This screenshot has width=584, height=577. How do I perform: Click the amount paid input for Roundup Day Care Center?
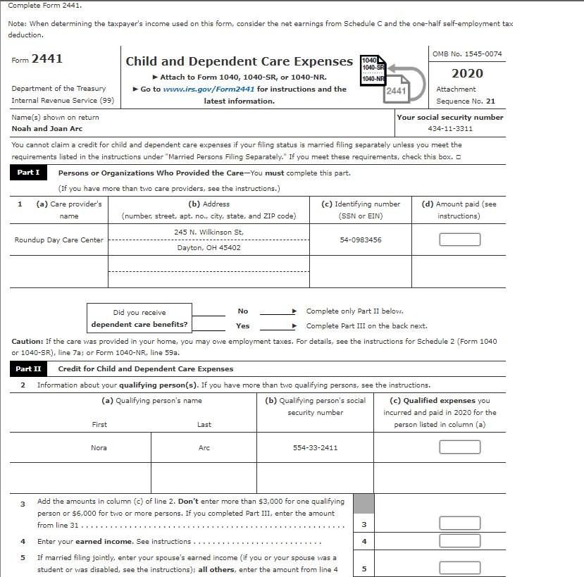click(459, 240)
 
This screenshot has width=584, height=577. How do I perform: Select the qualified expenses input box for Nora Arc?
click(459, 447)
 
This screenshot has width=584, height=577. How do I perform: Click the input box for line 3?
click(459, 523)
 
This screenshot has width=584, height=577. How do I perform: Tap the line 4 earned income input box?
click(459, 541)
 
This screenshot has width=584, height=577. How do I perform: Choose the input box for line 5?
click(459, 569)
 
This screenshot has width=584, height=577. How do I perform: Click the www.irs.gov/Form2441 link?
click(209, 89)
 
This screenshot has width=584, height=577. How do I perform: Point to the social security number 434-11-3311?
click(450, 129)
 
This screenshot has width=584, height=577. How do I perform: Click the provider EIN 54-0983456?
click(360, 240)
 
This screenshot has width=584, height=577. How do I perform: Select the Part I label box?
click(28, 173)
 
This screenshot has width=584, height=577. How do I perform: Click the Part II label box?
click(28, 368)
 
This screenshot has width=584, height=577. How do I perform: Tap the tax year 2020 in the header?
click(466, 73)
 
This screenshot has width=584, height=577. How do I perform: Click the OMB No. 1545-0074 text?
click(467, 54)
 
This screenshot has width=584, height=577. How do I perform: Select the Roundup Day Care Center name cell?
click(58, 240)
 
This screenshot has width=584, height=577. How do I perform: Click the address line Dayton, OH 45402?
click(209, 248)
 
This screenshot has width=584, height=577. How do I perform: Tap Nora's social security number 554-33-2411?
click(315, 447)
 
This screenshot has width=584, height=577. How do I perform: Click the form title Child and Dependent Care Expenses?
click(239, 61)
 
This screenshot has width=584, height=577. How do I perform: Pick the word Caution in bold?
click(27, 341)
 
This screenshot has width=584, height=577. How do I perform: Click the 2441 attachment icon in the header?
click(396, 90)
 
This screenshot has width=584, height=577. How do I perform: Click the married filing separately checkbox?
click(458, 157)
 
